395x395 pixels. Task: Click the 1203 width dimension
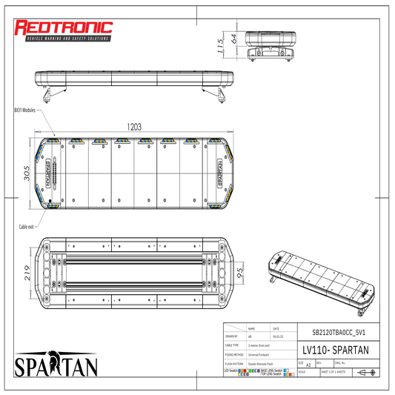(133, 127)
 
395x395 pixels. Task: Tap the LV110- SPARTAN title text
(336, 349)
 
